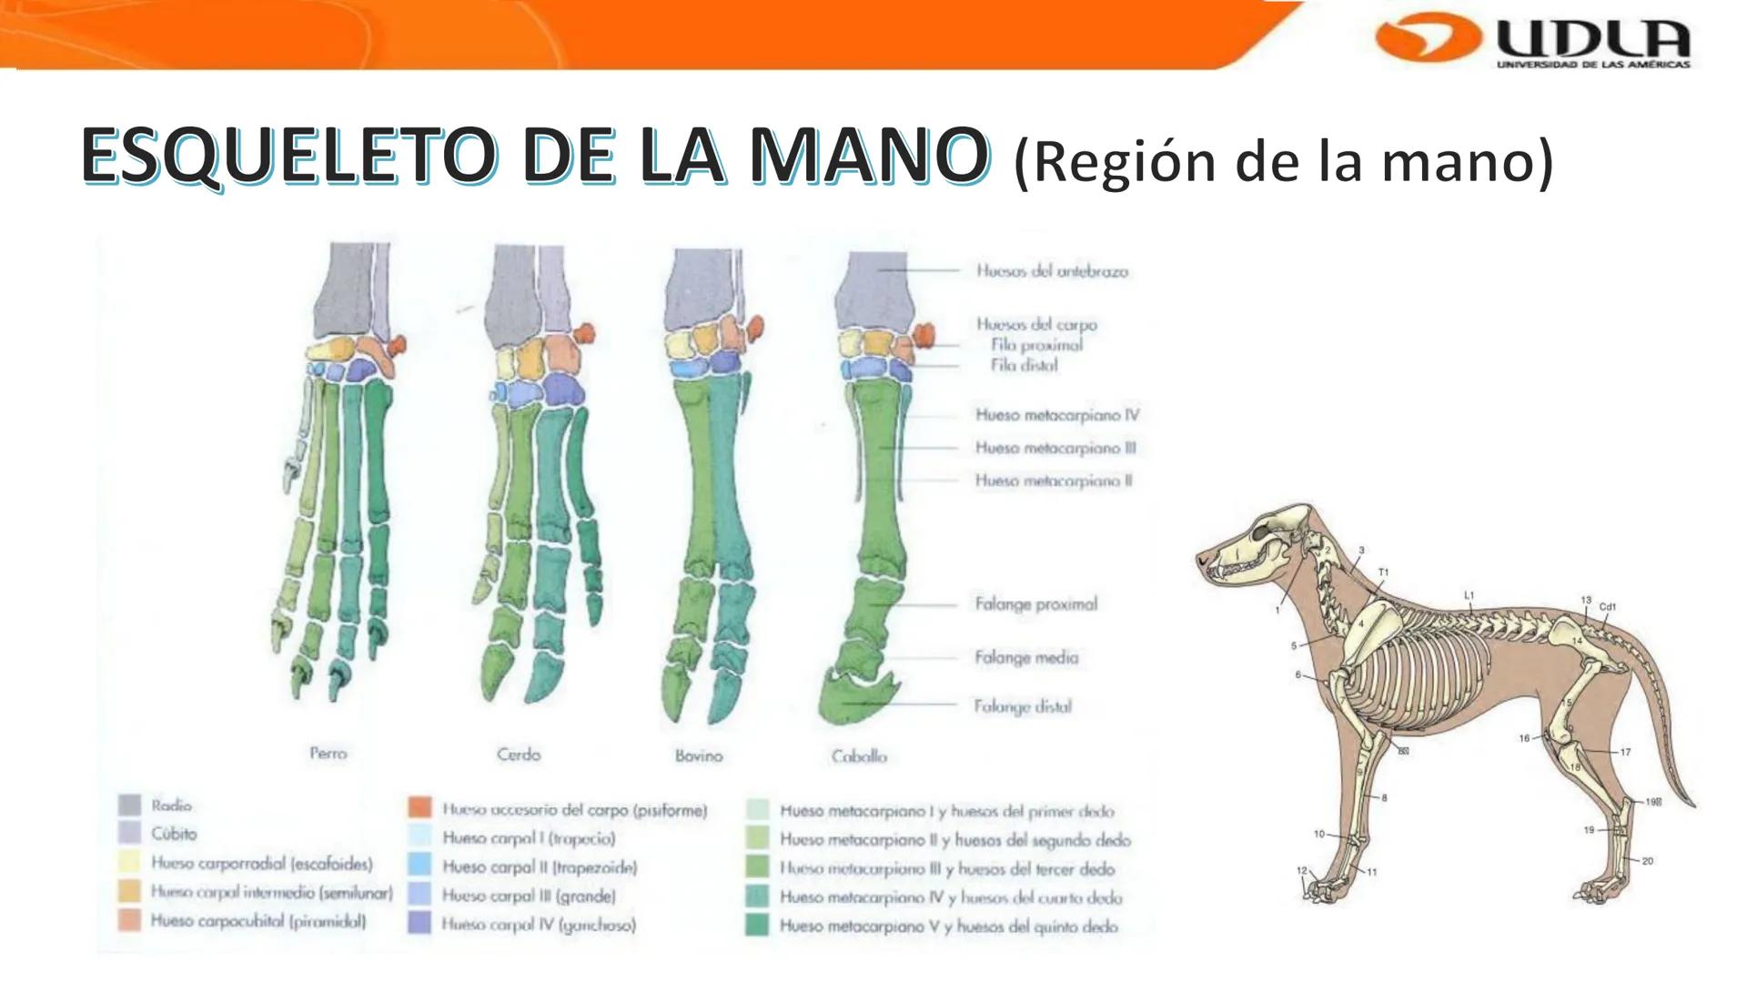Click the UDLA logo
1534,41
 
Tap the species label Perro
328,754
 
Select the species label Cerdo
519,755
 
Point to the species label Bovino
699,755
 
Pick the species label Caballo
859,756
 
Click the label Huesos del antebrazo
1052,271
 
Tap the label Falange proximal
1035,604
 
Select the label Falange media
1026,657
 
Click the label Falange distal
1023,706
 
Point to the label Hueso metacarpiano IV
1056,415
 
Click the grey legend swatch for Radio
130,806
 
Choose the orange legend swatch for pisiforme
419,808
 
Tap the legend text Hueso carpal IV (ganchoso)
539,925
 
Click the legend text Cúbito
174,834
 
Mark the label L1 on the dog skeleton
1469,595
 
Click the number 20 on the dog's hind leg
1647,861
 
